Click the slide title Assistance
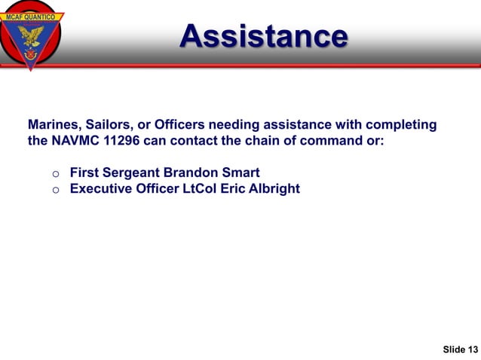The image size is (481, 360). click(264, 35)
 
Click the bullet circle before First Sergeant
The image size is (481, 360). click(55, 174)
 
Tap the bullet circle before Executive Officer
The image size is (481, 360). click(55, 190)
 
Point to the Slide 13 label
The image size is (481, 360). click(460, 349)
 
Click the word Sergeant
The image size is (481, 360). click(133, 172)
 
